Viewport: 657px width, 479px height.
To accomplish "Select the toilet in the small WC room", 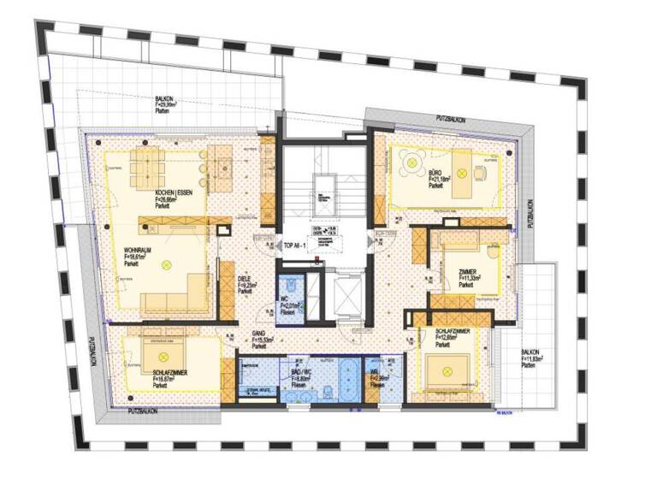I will (293, 283).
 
